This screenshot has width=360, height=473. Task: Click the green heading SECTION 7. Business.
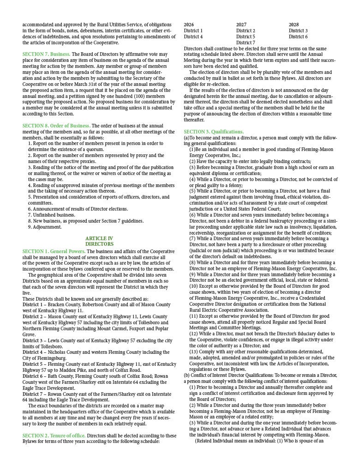tap(46, 54)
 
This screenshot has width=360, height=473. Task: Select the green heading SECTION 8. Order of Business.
tap(56, 126)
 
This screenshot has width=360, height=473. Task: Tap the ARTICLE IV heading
tap(99, 238)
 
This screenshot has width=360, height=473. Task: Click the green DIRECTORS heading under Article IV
tap(99, 244)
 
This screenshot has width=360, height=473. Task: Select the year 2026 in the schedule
tap(189, 24)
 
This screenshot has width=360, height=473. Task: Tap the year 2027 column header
tap(241, 24)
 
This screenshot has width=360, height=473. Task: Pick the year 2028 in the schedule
tap(294, 24)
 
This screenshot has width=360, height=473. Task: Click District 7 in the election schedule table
tap(246, 42)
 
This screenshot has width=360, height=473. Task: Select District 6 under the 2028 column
tap(298, 36)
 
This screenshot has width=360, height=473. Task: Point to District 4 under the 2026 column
tap(193, 36)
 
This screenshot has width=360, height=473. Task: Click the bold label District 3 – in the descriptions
tap(37, 340)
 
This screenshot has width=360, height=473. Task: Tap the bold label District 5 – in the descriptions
tap(37, 364)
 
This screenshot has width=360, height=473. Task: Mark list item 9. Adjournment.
tap(45, 227)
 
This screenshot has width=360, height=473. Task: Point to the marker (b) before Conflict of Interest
tap(187, 375)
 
